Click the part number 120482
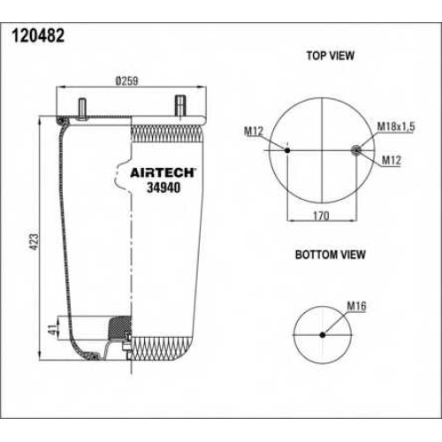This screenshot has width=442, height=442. point(38,36)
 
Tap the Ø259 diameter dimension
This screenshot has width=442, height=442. point(126,81)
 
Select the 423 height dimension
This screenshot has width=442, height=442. point(34,242)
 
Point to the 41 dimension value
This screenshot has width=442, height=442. point(52,330)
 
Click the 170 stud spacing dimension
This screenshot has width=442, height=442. point(321,216)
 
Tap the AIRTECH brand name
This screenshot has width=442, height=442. point(163,173)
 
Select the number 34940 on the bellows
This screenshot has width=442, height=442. point(164,187)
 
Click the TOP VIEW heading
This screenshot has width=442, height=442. point(331,56)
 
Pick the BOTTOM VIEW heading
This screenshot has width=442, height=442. point(331,255)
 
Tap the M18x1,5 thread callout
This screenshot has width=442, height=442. point(396,126)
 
